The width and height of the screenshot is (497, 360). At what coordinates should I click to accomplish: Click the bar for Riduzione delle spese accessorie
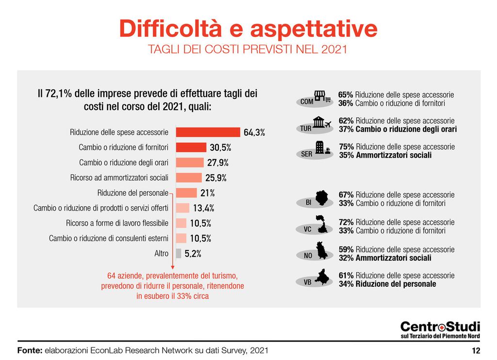click(208, 132)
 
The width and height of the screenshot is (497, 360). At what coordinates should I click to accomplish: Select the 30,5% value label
click(220, 147)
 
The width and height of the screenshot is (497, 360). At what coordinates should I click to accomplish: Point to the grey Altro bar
click(178, 253)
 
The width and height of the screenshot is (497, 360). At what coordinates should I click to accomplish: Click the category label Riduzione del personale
click(133, 193)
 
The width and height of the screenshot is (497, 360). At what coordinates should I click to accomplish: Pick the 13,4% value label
click(203, 208)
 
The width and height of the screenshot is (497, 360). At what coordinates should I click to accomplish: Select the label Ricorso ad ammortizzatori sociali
click(119, 178)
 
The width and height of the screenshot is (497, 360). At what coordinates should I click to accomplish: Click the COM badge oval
click(307, 102)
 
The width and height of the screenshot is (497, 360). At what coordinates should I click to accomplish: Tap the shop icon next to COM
click(322, 97)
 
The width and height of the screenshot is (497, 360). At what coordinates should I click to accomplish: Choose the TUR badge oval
click(306, 129)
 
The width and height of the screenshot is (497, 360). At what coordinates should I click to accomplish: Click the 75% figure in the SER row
click(346, 147)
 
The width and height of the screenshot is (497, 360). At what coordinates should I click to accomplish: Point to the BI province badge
click(309, 202)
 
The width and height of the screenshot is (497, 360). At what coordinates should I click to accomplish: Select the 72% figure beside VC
click(346, 222)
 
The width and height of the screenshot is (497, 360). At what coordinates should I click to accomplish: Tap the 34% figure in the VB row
click(346, 284)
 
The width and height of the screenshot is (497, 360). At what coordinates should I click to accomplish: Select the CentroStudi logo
click(440, 330)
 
